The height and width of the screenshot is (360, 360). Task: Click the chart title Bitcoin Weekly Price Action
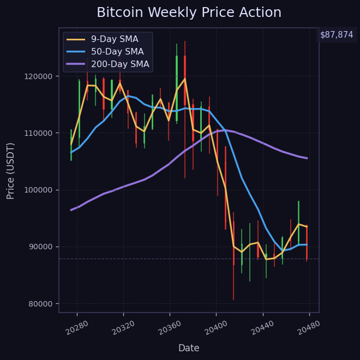tap(189, 13)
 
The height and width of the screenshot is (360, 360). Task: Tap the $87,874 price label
tap(337, 34)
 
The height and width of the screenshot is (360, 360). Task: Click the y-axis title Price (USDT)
tap(11, 171)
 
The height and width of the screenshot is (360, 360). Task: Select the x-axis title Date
tap(189, 348)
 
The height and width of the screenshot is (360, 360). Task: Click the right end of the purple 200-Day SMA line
tap(307, 158)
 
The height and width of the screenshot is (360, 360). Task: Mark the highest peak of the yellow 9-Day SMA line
tap(184, 79)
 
